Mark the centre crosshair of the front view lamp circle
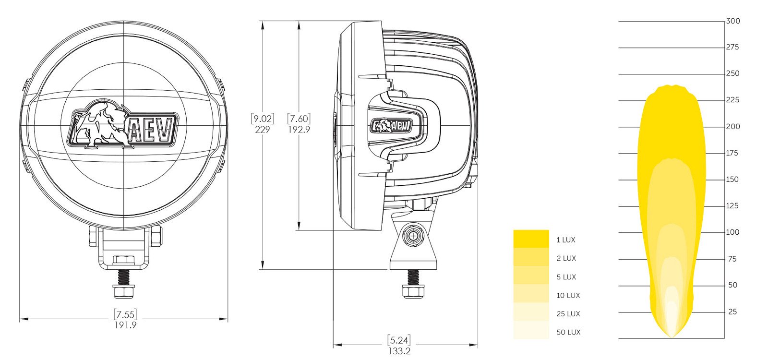[x=124, y=125]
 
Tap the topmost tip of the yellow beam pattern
[x=671, y=85]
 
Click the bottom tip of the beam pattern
[x=672, y=337]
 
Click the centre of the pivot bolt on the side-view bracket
[x=413, y=236]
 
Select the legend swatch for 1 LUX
[x=531, y=239]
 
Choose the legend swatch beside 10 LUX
[x=531, y=293]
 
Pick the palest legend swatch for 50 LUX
[x=531, y=330]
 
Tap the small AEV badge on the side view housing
[x=391, y=126]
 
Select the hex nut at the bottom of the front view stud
[x=124, y=292]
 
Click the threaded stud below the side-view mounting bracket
[x=413, y=278]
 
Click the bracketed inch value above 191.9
[x=125, y=314]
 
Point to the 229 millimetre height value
[x=263, y=130]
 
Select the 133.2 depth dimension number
[x=399, y=351]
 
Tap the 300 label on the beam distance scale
[x=733, y=21]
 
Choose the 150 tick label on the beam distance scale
[x=732, y=180]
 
